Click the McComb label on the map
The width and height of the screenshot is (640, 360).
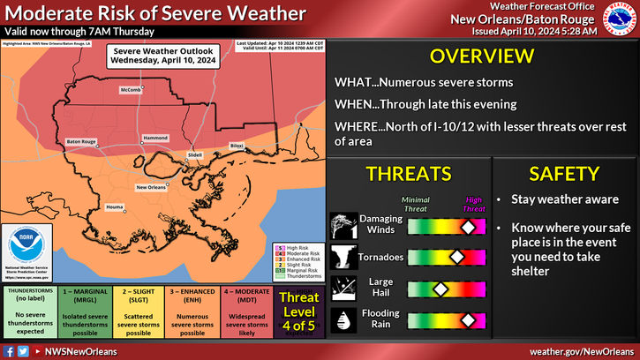coord(130,90)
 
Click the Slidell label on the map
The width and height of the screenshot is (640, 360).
coord(195,154)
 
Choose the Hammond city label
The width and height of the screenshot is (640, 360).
coord(155,139)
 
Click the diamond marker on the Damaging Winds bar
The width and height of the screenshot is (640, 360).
coord(467,227)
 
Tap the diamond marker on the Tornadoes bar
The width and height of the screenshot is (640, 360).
coord(456,258)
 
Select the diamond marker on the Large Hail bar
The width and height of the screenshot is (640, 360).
coord(439,289)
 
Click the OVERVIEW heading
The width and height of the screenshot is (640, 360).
coord(476,57)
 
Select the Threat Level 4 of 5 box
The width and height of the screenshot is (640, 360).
coord(298,310)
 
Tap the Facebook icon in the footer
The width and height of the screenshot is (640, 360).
coord(9,351)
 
